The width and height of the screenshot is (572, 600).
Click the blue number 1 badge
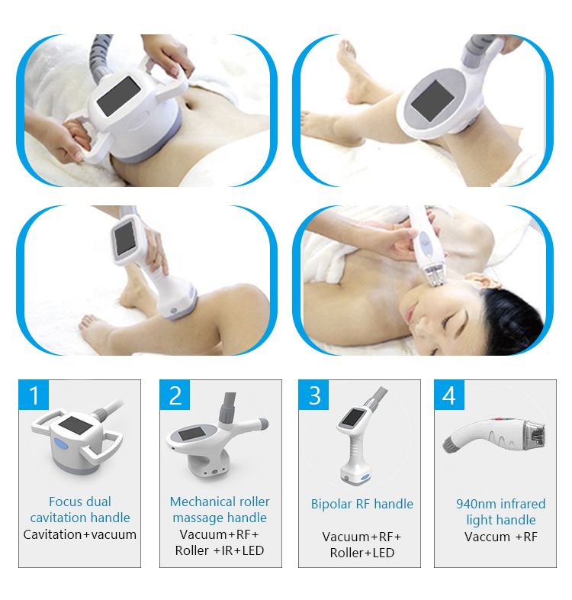[34, 395]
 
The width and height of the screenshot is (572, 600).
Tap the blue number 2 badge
[175, 395]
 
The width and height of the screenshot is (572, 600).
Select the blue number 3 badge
[314, 395]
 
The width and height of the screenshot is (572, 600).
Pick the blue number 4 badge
[449, 395]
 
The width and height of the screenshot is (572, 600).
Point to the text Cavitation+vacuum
[80, 534]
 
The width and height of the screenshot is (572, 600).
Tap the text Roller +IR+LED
[220, 550]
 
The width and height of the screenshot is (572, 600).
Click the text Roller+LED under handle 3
[362, 552]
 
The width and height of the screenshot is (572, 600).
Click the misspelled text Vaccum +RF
[500, 537]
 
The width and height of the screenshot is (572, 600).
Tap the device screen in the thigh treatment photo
[432, 100]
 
